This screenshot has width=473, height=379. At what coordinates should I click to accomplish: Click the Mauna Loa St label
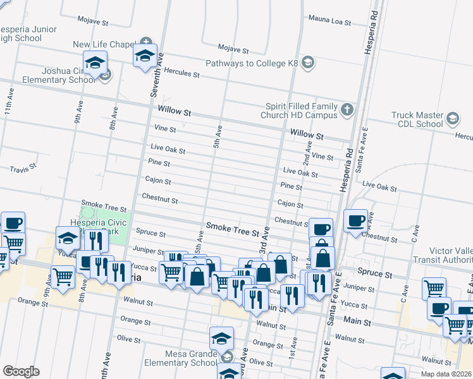pos(329,21)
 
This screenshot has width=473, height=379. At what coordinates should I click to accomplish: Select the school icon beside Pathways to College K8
pos(308,63)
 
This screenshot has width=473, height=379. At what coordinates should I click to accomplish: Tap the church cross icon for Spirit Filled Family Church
pos(346,111)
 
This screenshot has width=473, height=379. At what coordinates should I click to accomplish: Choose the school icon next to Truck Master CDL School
pos(453,118)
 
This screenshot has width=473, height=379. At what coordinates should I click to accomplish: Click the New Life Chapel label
pos(104,45)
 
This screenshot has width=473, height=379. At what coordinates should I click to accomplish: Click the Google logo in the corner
pos(20,371)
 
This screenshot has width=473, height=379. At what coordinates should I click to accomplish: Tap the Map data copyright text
pos(446,374)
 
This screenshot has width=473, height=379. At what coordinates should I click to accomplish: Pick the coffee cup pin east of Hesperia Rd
pos(357,221)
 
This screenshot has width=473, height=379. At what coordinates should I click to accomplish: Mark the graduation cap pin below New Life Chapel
pos(145,56)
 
